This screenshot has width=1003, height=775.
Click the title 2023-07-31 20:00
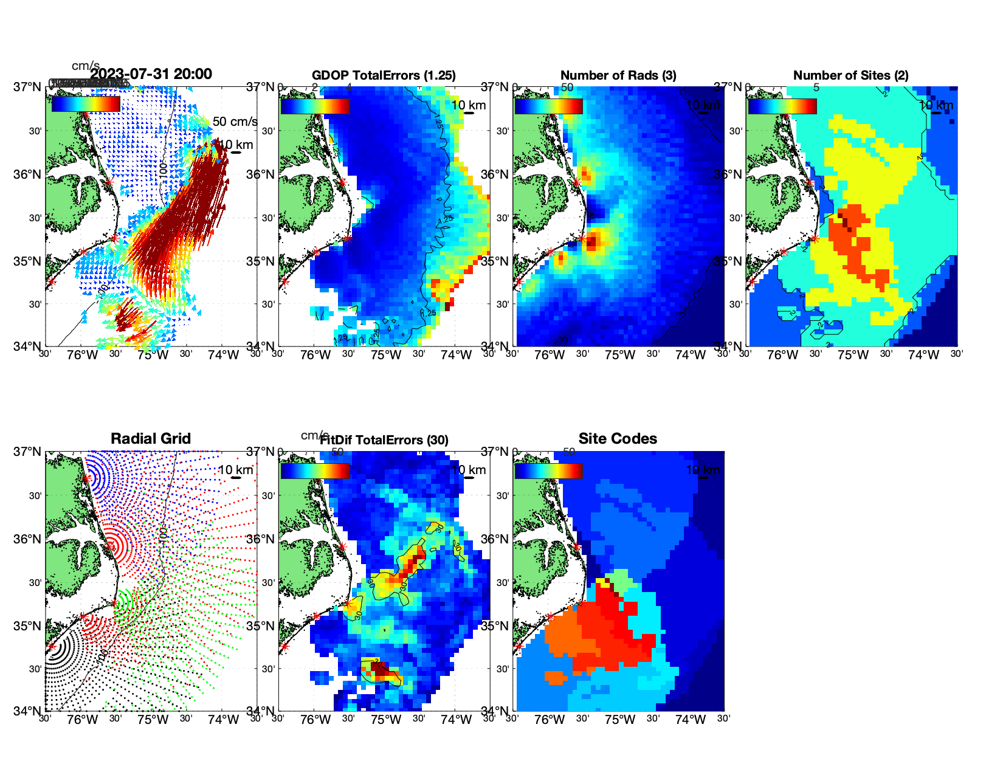point(151,74)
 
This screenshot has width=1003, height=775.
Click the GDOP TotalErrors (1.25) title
point(384,75)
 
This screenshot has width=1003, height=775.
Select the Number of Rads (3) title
point(618,75)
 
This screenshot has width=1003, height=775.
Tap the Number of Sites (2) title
point(850,75)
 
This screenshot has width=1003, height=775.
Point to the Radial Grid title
point(151,439)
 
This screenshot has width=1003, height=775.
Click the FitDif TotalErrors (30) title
point(384,440)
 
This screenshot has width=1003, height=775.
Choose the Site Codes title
point(618,439)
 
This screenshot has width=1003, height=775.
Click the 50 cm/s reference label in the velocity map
point(235,122)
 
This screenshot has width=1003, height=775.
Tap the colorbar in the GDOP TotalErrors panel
point(315,105)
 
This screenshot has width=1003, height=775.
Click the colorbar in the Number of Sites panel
point(782,105)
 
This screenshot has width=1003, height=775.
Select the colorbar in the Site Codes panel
point(548,470)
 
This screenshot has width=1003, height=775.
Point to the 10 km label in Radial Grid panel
point(235,470)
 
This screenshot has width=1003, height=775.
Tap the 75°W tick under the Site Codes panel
point(619,720)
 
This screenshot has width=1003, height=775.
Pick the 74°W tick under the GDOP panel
point(456,355)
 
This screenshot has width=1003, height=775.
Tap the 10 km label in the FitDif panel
point(469,470)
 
